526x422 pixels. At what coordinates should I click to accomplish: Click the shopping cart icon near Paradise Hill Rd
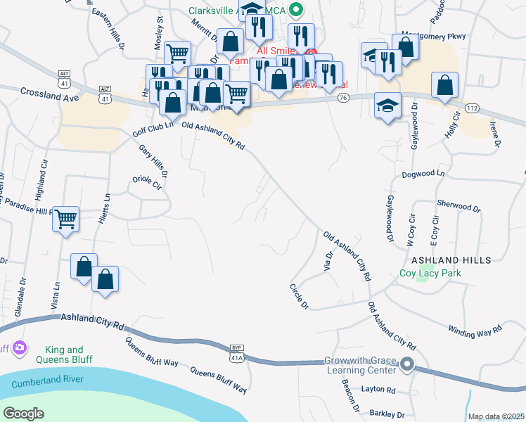[65, 219]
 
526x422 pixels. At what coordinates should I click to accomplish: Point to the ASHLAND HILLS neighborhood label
[451, 260]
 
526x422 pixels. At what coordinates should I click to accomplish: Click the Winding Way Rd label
[475, 330]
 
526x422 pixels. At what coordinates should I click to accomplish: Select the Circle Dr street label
[299, 296]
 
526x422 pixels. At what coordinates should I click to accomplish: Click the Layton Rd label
[378, 390]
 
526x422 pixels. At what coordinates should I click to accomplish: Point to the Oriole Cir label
[147, 182]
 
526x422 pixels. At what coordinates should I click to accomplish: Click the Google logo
[23, 414]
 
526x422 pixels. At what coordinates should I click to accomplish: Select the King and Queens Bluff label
[64, 354]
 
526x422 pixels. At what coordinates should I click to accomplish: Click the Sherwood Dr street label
[458, 209]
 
